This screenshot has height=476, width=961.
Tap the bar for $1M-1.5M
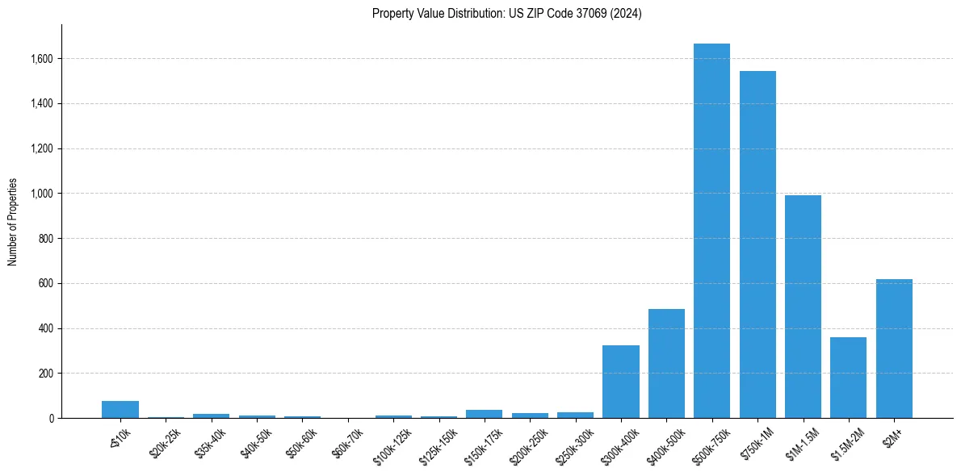tap(803, 307)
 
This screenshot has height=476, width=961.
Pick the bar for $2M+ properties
tap(894, 349)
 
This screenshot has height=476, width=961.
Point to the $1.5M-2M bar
tap(848, 378)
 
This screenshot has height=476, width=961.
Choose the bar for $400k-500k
tap(666, 363)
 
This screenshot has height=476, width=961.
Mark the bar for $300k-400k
tap(621, 382)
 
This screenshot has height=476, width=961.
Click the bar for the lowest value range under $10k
tap(120, 409)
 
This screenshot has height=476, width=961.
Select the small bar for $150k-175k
tap(484, 414)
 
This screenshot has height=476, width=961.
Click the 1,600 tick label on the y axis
tap(41, 59)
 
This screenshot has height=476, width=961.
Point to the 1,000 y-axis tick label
tap(41, 194)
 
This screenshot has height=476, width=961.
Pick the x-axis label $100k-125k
tap(392, 442)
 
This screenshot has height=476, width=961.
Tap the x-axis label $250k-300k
tap(574, 442)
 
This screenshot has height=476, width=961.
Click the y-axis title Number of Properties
tap(13, 221)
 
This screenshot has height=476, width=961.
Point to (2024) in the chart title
tap(626, 14)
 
